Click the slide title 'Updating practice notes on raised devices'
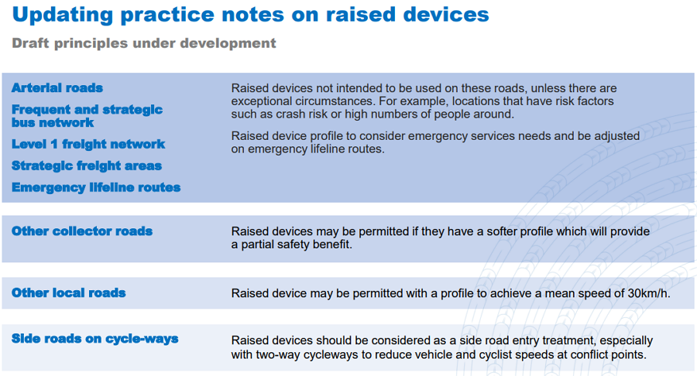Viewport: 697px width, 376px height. click(x=250, y=15)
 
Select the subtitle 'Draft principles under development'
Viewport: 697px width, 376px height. click(x=143, y=43)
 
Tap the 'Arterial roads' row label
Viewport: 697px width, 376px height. click(x=57, y=88)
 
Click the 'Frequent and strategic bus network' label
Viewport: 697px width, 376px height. click(x=87, y=116)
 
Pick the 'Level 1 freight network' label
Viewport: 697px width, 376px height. click(x=88, y=144)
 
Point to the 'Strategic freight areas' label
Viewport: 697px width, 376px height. click(x=86, y=166)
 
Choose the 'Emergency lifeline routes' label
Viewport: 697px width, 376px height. click(x=96, y=187)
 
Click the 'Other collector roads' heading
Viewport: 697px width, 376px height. click(x=82, y=231)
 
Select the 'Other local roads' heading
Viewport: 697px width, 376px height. click(x=68, y=293)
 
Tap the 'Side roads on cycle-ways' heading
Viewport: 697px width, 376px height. click(x=94, y=339)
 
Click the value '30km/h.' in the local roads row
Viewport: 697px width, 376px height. click(x=649, y=293)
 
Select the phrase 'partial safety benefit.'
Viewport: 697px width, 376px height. click(x=297, y=244)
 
